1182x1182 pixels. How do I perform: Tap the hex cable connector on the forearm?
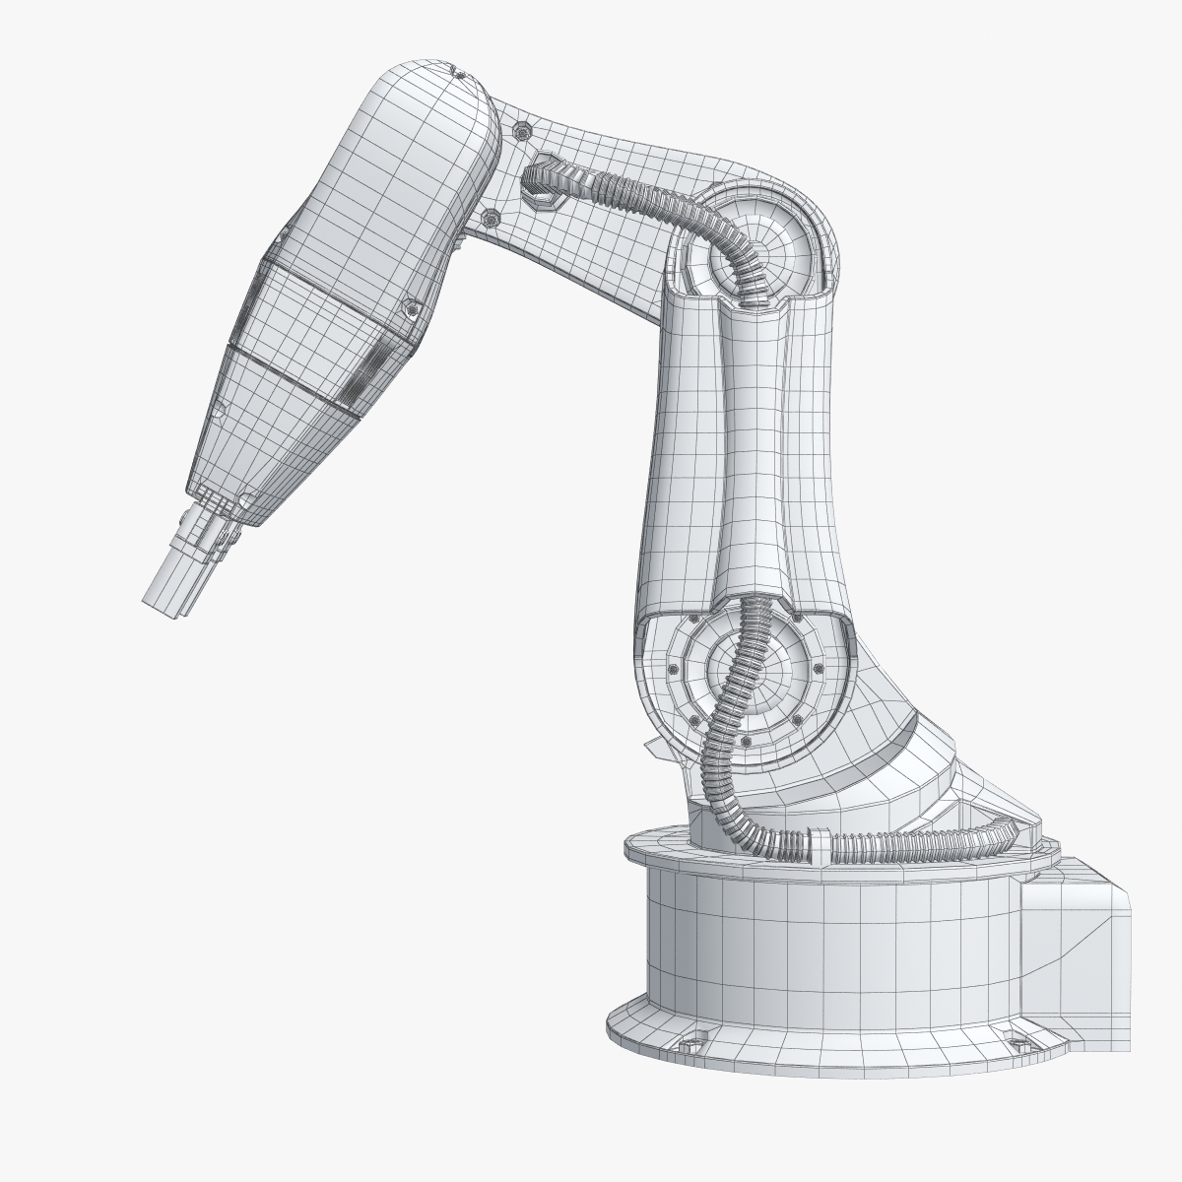point(542,181)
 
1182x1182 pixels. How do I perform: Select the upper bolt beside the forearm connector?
point(520,129)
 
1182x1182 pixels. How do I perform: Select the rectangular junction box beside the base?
point(1077,921)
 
